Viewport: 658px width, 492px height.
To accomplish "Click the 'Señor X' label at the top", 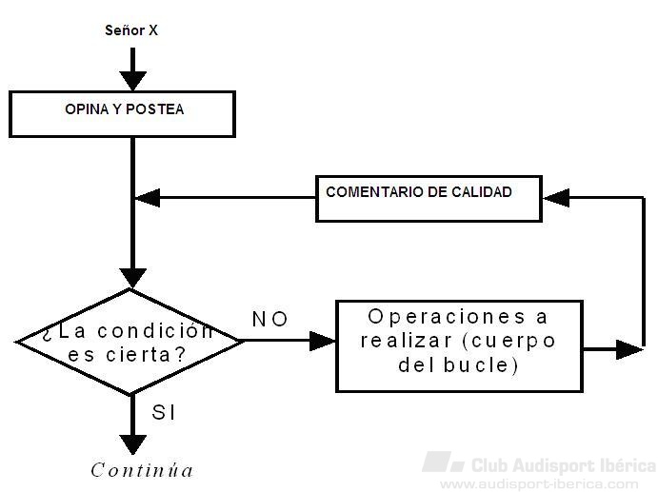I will [x=131, y=30].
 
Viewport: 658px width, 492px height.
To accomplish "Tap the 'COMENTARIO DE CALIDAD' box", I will [x=428, y=198].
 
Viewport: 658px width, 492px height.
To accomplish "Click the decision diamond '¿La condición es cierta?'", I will [x=130, y=342].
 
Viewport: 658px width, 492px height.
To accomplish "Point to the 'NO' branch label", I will [x=269, y=319].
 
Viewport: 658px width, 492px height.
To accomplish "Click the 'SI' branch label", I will [x=164, y=413].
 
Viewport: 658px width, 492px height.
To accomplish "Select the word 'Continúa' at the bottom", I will [x=142, y=470].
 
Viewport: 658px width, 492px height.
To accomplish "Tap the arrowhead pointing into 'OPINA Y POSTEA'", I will [x=132, y=81].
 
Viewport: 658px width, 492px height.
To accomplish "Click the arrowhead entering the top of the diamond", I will [x=132, y=278].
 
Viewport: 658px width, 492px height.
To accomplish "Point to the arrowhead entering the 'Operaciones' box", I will [x=324, y=340].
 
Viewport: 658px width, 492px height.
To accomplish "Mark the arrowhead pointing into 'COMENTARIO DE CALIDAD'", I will [x=556, y=198].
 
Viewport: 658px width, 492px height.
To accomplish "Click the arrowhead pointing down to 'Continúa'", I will [x=132, y=443].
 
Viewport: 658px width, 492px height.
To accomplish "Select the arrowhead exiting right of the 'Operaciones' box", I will [x=628, y=349].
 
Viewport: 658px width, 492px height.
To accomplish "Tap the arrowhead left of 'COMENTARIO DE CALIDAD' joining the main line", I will [x=148, y=198].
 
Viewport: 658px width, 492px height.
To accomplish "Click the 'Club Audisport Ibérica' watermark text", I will [x=563, y=465].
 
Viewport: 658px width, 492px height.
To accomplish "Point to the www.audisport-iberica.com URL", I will [x=547, y=483].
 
